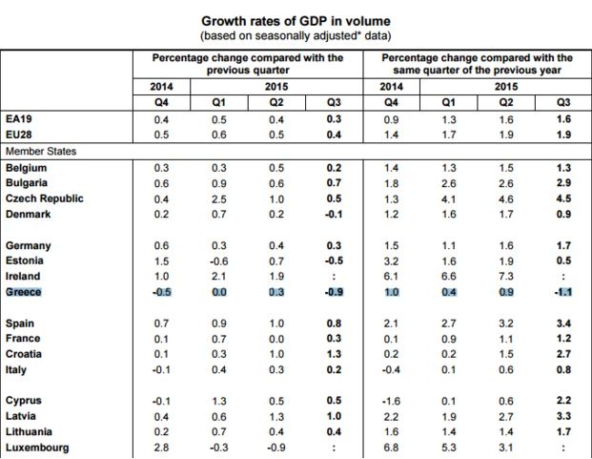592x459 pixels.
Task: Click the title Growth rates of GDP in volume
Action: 296,19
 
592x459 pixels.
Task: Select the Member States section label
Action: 42,151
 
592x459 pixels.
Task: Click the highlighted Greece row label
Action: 24,292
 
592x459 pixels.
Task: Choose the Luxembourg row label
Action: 37,448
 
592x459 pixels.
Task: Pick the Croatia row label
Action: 26,354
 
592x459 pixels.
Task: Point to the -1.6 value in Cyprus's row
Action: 391,401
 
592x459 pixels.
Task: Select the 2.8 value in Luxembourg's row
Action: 162,448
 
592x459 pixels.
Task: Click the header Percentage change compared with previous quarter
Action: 248,64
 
